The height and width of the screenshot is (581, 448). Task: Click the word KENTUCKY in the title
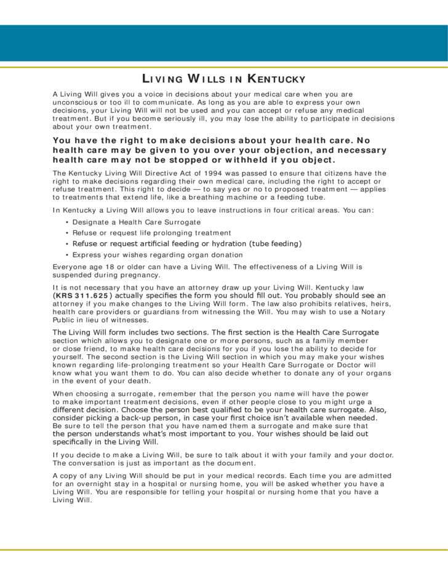[x=276, y=79]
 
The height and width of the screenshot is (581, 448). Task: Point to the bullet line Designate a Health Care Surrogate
[x=136, y=222]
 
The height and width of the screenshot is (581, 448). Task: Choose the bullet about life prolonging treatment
[x=151, y=233]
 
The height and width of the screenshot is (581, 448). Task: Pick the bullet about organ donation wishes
[x=157, y=255]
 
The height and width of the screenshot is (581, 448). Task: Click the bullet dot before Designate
[x=67, y=222]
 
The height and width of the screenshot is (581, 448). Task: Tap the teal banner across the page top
[x=224, y=43]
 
